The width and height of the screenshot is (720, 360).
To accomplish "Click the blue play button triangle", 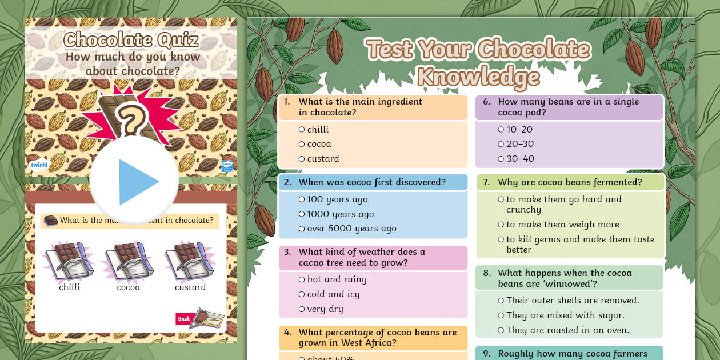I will [137, 182].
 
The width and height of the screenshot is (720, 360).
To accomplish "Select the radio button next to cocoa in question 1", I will [302, 145].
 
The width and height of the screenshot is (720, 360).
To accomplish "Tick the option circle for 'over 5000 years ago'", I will [302, 229].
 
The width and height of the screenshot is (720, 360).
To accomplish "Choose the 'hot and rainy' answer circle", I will [302, 280].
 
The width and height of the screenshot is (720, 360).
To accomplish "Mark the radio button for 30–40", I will [501, 159].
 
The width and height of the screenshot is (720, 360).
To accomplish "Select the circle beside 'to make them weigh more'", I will [501, 225].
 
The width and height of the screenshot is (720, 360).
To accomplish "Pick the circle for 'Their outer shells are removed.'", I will [501, 301].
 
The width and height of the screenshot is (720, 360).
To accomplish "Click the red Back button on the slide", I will [184, 319].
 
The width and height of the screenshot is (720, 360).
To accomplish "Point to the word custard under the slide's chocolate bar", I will [190, 287].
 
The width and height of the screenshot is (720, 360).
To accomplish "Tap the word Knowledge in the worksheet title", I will [479, 77].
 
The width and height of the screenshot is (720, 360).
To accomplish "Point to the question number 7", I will [486, 182].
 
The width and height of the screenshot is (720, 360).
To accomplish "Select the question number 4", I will [288, 333].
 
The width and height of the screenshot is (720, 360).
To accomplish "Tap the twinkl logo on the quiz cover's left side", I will [39, 165].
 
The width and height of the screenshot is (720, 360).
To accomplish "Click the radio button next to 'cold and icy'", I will [302, 295].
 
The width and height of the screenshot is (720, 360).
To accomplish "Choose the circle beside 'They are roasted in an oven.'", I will [501, 330].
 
